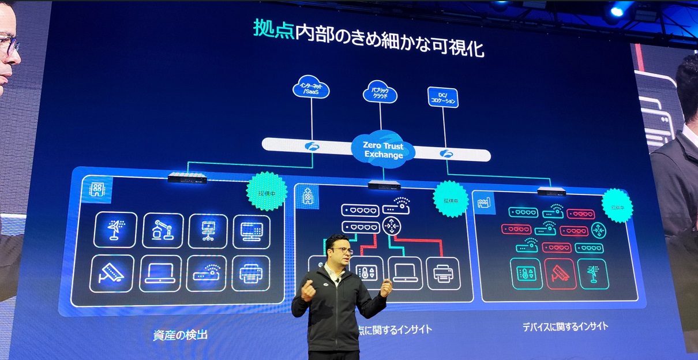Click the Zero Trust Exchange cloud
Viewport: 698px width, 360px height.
(x=384, y=151)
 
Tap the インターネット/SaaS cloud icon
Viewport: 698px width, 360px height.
(x=311, y=89)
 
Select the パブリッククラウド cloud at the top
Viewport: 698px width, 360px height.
(x=380, y=92)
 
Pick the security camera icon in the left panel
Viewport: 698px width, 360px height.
(x=112, y=273)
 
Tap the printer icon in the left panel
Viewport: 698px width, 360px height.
(x=250, y=273)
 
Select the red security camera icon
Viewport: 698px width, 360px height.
(x=560, y=273)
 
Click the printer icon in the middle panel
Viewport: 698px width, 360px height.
(x=443, y=273)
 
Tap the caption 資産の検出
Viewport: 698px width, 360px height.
(x=180, y=335)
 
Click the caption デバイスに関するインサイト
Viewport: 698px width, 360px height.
(x=565, y=327)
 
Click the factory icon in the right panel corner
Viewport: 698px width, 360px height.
(x=483, y=202)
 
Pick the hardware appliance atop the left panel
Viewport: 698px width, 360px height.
(x=187, y=178)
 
